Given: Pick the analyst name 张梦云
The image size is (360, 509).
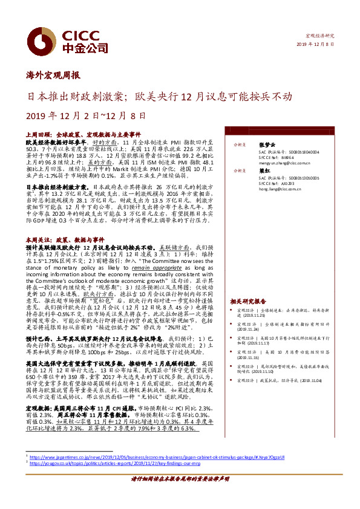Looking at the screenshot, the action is (x=266, y=144).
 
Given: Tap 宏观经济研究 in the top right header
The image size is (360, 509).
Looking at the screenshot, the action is (x=320, y=37).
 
